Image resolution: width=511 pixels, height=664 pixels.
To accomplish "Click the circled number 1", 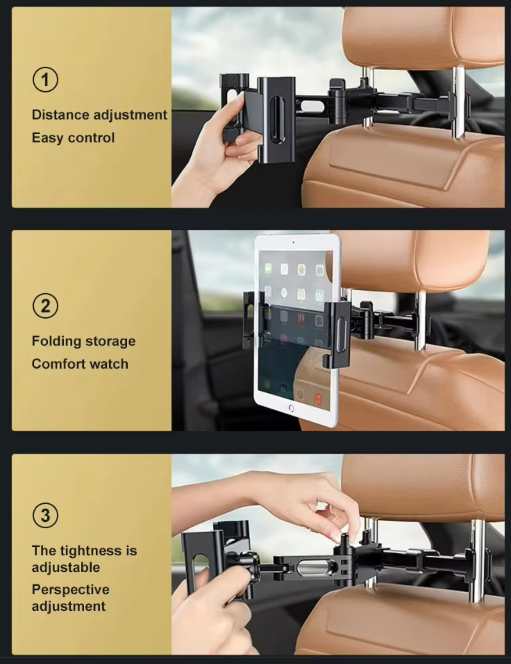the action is tap(45, 80).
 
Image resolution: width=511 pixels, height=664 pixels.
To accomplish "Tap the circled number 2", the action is tap(45, 306).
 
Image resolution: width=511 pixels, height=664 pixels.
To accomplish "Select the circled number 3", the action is tap(45, 515).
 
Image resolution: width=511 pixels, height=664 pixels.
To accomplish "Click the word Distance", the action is tap(60, 115).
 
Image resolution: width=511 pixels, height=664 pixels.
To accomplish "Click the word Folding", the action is tap(56, 341).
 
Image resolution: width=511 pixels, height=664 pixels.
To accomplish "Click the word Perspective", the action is tap(70, 590).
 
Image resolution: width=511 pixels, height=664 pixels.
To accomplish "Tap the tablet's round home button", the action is tap(291, 408).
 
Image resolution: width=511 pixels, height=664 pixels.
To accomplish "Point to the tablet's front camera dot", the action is tap(293, 242).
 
